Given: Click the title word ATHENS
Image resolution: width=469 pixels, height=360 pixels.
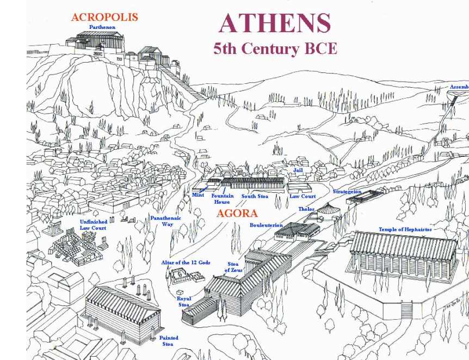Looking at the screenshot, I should click(274, 23).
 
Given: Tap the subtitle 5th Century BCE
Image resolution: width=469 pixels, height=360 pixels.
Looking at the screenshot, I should click(275, 48).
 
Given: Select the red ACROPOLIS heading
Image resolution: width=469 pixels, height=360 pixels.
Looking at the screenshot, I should click(104, 17).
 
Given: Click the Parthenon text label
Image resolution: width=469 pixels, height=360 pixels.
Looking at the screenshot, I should click(102, 27).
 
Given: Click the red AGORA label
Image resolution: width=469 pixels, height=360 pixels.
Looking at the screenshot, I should click(237, 213).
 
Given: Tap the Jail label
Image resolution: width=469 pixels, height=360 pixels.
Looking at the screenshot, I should click(298, 170).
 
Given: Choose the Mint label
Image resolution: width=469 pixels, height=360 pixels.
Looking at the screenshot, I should click(198, 194).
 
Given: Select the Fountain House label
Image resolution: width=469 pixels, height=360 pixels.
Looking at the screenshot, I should click(222, 199).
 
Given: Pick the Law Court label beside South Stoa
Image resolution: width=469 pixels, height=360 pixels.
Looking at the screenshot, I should click(303, 196).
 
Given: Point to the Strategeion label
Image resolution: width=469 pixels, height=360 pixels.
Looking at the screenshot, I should click(347, 192).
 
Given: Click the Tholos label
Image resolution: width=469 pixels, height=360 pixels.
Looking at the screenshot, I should click(306, 209).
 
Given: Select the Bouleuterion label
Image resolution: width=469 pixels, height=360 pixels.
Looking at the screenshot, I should click(266, 225).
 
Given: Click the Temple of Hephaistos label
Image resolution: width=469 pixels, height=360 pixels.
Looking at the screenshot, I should click(405, 230).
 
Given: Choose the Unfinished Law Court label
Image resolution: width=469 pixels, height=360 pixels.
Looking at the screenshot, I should click(93, 224).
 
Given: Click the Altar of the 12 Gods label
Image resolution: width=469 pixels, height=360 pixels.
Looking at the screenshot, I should click(185, 263).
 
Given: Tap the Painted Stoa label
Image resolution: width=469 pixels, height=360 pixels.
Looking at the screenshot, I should click(169, 341).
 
